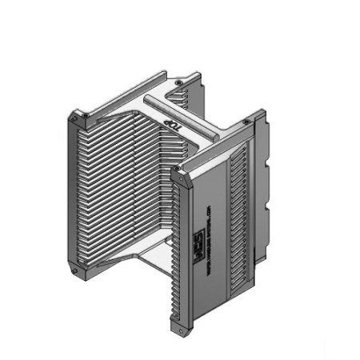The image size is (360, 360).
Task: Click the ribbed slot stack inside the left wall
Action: [120, 192]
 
